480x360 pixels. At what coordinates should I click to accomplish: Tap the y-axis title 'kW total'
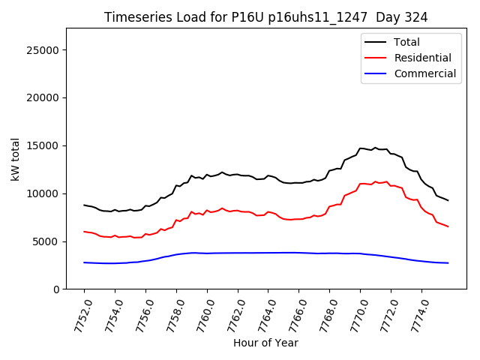click(x=16, y=159)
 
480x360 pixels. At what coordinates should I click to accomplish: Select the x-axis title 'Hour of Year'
click(x=265, y=343)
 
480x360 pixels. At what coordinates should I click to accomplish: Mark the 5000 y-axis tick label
click(x=46, y=241)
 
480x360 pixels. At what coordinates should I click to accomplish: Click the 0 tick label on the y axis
click(x=56, y=289)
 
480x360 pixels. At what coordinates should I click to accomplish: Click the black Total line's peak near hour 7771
click(x=375, y=148)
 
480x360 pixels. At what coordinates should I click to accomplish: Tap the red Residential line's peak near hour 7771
click(x=375, y=181)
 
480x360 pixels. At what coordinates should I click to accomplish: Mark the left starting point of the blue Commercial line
click(x=84, y=262)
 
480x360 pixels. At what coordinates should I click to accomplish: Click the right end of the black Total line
click(x=448, y=200)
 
